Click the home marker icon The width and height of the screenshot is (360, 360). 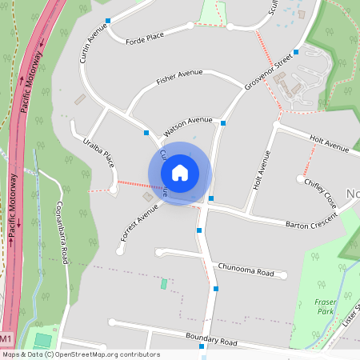pyautogui.click(x=180, y=173)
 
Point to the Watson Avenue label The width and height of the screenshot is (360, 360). pyautogui.click(x=188, y=125)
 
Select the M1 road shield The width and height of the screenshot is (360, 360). pyautogui.click(x=6, y=339)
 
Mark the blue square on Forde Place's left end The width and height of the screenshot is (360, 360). pyautogui.click(x=107, y=20)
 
